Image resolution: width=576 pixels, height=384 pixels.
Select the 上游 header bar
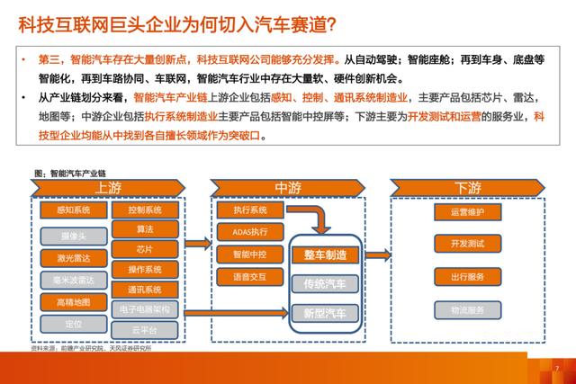(x=107, y=187)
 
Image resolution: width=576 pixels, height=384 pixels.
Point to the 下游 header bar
(x=467, y=187)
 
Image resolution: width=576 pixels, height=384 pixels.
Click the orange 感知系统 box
(x=73, y=210)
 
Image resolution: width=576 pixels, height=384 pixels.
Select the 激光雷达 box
(x=73, y=258)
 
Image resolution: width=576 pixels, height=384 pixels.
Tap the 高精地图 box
(x=73, y=302)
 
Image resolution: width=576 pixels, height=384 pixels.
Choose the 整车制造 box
(x=325, y=255)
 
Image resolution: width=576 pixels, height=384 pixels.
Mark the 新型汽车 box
(x=325, y=313)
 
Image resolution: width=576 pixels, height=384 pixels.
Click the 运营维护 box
(x=467, y=212)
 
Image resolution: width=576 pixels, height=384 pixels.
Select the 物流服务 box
(x=467, y=310)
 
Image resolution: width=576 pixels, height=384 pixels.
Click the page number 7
(x=557, y=368)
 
